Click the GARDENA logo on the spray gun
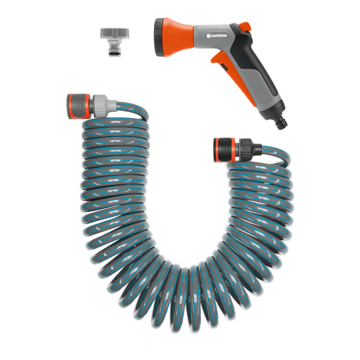tap(217, 35)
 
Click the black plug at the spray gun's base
tap(281, 123)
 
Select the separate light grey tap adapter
tap(115, 42)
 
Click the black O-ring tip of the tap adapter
tap(114, 54)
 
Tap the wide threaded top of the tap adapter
tap(115, 33)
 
